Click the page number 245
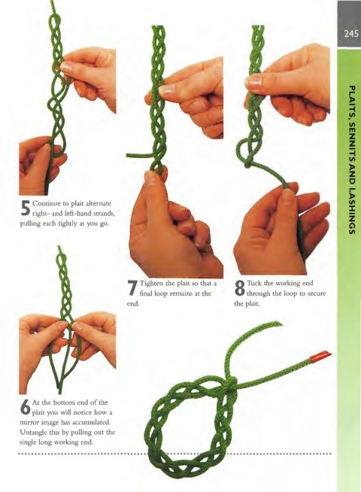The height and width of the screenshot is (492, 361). (x=350, y=33)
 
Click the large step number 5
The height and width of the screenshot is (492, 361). (x=25, y=208)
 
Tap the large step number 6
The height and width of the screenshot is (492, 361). (x=25, y=406)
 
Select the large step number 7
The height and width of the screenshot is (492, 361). (x=132, y=287)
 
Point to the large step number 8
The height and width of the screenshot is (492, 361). (x=239, y=287)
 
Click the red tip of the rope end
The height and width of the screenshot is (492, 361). (x=320, y=356)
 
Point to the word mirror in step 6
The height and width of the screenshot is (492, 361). (x=29, y=422)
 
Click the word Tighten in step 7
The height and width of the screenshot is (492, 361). (x=151, y=284)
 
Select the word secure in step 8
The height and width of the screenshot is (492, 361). (x=317, y=293)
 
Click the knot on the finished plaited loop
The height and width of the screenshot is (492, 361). (x=231, y=384)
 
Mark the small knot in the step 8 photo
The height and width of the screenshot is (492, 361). (x=247, y=162)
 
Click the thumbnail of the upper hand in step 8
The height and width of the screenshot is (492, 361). (x=255, y=82)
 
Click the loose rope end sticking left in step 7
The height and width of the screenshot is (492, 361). (x=138, y=155)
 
